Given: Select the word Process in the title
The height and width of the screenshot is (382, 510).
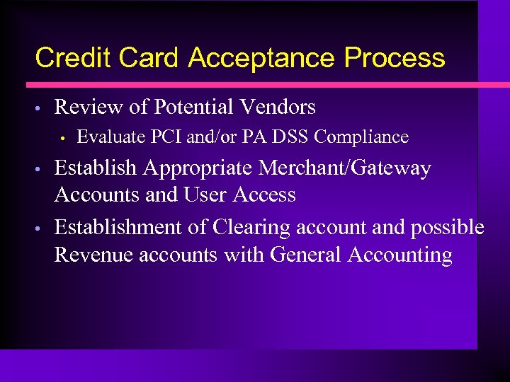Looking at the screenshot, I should [x=395, y=57].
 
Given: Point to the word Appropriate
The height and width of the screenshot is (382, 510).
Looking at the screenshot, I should [x=198, y=168].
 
